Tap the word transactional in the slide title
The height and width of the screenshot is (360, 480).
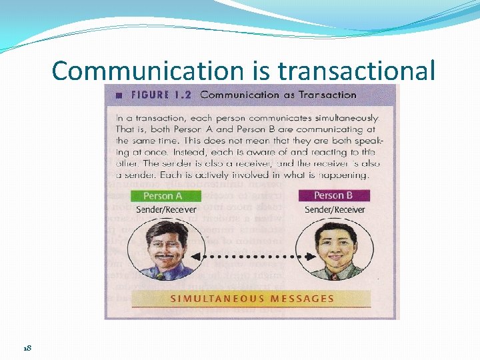tap(356, 70)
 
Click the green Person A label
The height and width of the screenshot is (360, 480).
tap(163, 196)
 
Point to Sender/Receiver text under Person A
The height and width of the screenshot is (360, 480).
tap(166, 209)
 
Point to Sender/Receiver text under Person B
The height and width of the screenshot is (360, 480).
tap(335, 209)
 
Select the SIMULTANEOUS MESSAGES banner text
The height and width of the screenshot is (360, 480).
tap(252, 299)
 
